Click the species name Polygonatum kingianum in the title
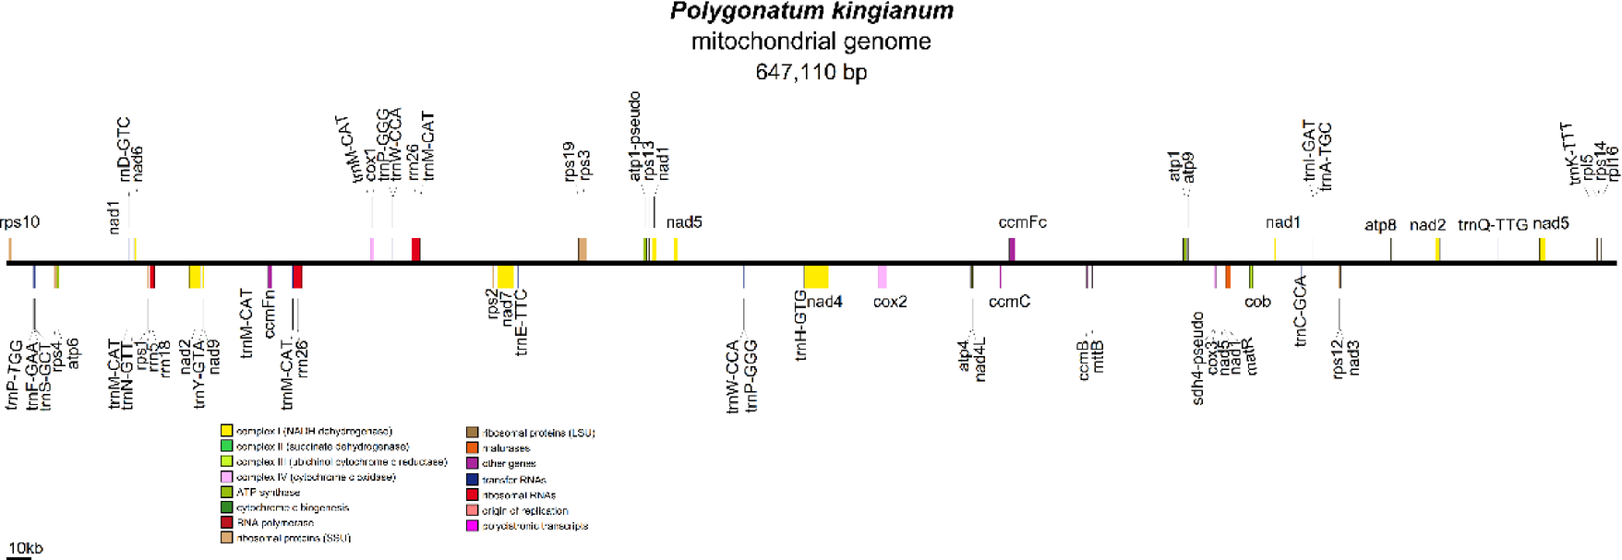click(811, 12)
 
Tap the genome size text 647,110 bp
click(811, 72)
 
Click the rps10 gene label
click(19, 222)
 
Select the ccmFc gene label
click(1022, 222)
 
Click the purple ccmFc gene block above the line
click(1012, 249)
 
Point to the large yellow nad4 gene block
click(815, 276)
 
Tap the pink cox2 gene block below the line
click(882, 276)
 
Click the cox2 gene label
click(890, 302)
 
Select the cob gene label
click(1257, 302)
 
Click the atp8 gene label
click(1380, 225)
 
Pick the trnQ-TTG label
click(1492, 225)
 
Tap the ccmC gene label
click(1009, 302)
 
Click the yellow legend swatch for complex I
click(226, 431)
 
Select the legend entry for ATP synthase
click(268, 493)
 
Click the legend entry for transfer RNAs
click(513, 480)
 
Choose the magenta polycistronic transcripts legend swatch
click(472, 526)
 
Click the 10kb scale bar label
click(26, 548)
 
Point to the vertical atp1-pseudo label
click(635, 136)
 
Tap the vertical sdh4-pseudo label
click(1197, 358)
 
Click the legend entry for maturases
click(506, 448)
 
